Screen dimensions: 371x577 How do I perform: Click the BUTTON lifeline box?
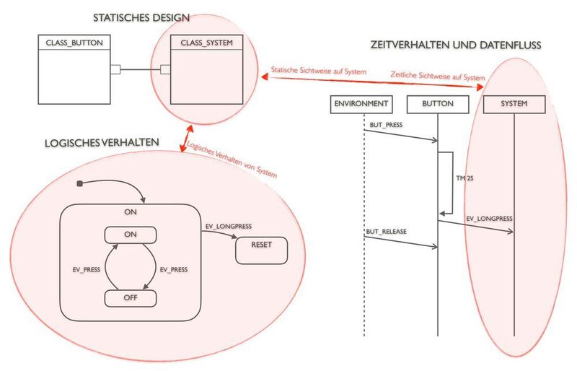(438, 104)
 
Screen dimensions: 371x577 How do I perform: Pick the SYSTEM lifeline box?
(514, 104)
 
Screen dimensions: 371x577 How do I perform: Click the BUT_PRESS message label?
(386, 125)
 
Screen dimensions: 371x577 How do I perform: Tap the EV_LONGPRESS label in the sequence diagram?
(489, 218)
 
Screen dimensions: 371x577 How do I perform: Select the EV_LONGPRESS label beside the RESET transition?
(228, 227)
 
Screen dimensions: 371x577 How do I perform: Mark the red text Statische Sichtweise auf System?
(318, 71)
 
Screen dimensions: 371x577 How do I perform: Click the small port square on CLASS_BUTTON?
(113, 69)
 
